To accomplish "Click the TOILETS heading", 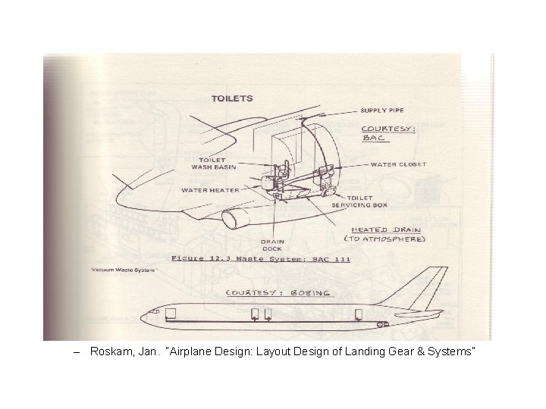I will [x=232, y=98].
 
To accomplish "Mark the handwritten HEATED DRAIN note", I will [x=386, y=229].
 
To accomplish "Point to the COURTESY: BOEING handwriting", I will [x=278, y=293].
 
